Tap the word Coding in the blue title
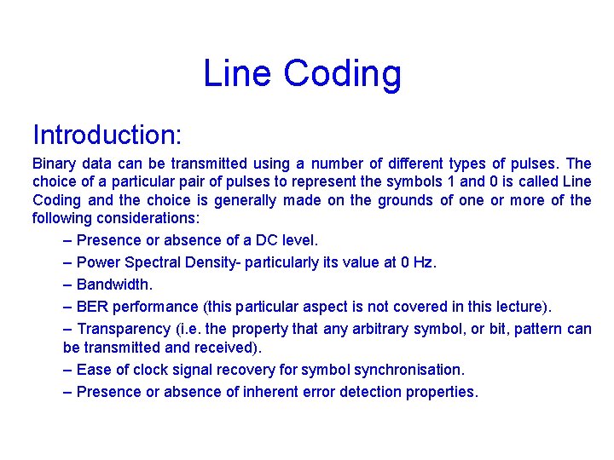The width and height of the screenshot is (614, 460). click(342, 74)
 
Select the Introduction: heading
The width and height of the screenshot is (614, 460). click(107, 135)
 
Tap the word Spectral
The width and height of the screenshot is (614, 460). click(162, 262)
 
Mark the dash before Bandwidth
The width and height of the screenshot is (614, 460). click(68, 285)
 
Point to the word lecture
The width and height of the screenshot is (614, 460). click(520, 307)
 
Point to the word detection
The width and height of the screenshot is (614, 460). click(373, 392)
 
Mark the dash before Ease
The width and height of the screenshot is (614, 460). click(68, 370)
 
